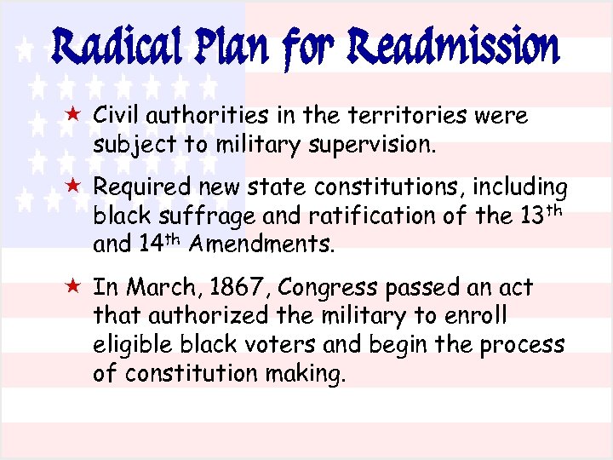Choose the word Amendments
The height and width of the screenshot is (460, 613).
point(261,246)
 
